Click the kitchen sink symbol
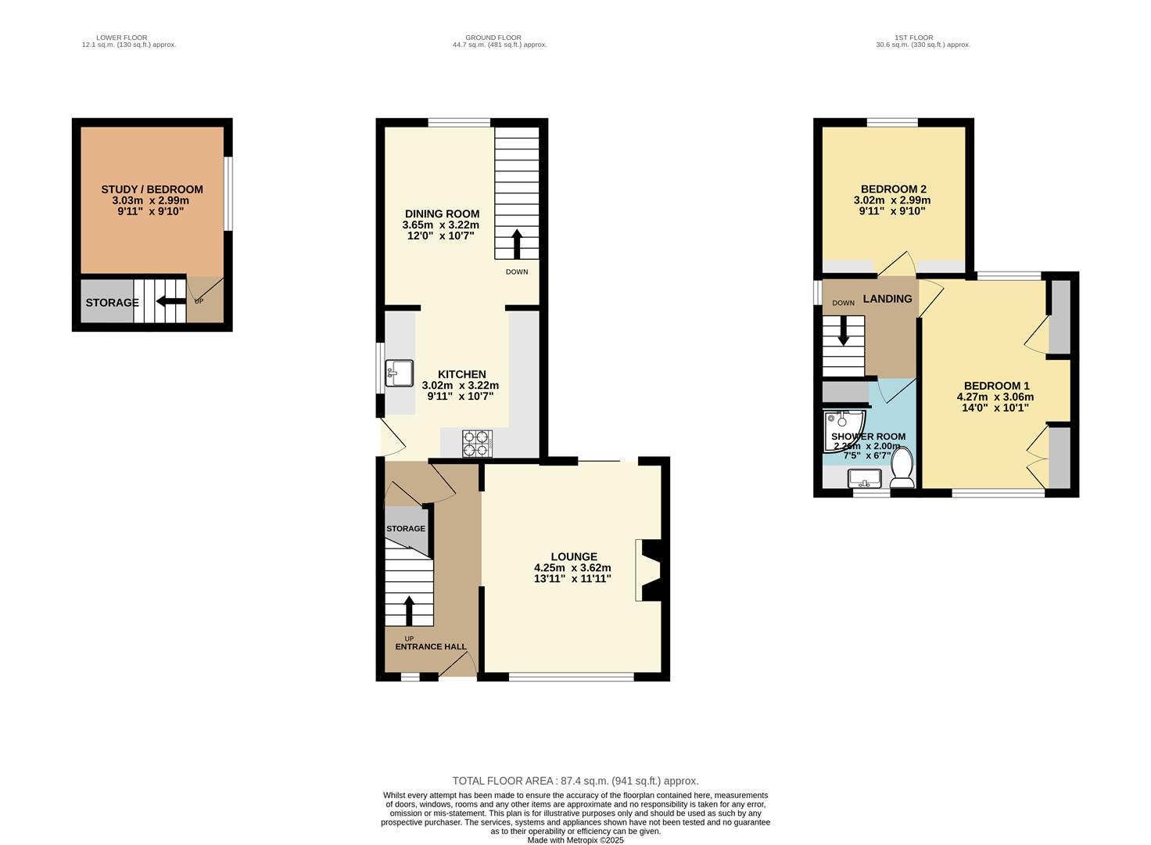399,373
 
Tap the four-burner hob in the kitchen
477,443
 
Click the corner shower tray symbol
839,430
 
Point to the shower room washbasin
865,478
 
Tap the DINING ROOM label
442,214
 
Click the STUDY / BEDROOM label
152,189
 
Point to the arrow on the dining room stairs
516,243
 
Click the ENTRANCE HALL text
431,647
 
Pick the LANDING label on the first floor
887,298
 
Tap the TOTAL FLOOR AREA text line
575,781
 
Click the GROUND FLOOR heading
493,38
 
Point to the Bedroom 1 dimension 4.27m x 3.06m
995,397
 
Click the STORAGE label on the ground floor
405,529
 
